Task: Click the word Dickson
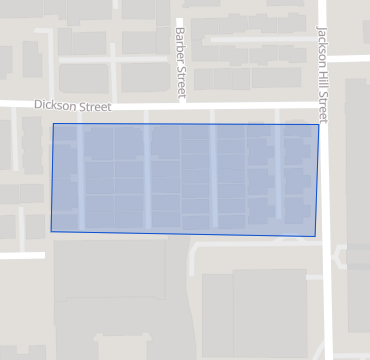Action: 54,104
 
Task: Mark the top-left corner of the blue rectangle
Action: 52,124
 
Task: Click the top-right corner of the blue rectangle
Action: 319,124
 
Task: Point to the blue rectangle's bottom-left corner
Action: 51,232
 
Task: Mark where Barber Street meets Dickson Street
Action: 181,104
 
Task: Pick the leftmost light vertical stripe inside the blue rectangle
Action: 81,178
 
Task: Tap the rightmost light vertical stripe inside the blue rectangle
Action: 280,180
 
